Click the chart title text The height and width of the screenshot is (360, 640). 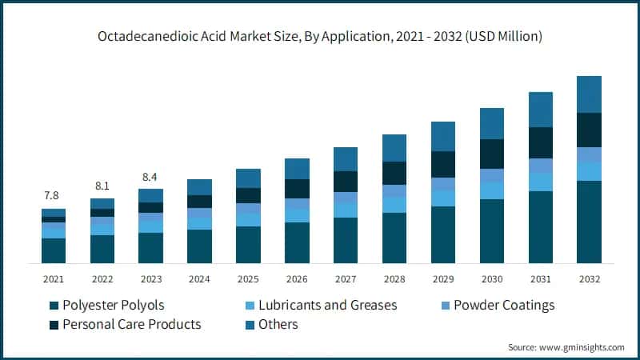[320, 36]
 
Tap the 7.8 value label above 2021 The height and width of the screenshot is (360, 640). [52, 195]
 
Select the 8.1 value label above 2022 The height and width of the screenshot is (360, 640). [102, 185]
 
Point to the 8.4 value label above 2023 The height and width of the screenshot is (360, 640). [150, 176]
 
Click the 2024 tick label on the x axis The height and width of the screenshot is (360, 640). [199, 279]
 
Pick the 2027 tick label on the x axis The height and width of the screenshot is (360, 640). [346, 279]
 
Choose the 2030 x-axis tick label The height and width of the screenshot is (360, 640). [491, 279]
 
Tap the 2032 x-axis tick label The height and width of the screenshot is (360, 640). [589, 279]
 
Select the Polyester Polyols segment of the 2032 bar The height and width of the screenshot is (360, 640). [589, 222]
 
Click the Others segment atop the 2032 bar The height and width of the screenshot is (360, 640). [589, 94]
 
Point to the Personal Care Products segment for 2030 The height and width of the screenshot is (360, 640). [491, 154]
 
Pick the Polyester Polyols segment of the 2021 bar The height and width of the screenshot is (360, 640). [54, 250]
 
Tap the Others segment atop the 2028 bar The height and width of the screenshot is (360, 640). [394, 148]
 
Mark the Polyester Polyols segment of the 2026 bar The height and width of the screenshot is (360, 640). [297, 242]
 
